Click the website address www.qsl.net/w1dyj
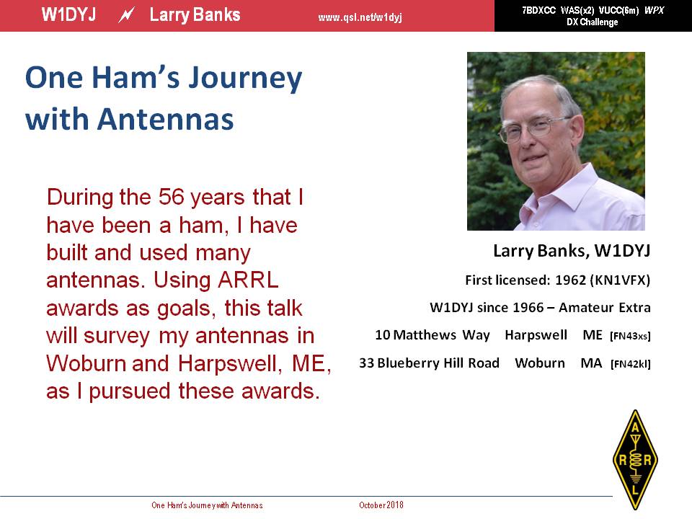click(360, 17)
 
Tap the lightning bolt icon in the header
click(126, 15)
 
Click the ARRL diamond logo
click(635, 459)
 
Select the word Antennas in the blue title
click(165, 119)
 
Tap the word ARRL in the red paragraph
click(248, 280)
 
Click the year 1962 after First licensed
click(570, 280)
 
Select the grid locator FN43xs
click(630, 336)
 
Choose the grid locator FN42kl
click(631, 364)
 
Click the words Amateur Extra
click(605, 308)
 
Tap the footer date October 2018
click(381, 505)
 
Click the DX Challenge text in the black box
click(593, 22)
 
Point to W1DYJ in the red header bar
click(69, 15)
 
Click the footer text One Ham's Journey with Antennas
click(207, 505)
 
